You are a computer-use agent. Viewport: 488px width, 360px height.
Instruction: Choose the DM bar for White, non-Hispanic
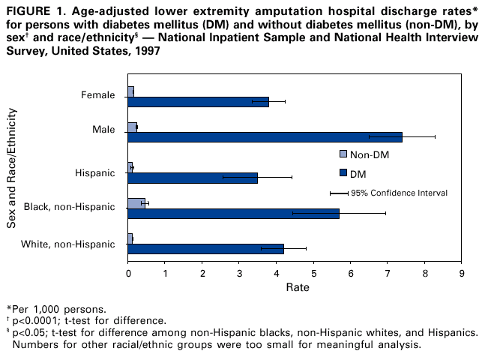(x=205, y=249)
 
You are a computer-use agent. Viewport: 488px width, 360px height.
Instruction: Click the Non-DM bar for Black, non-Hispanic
(x=136, y=202)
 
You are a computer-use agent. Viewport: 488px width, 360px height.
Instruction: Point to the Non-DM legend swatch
(x=343, y=154)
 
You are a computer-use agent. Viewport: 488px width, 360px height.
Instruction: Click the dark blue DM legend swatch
(x=343, y=173)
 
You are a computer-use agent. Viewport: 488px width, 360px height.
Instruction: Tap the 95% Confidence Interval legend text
(x=399, y=193)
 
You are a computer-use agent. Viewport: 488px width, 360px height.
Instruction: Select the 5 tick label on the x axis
(x=313, y=272)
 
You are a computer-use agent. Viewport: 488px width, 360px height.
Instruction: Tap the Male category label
(x=103, y=130)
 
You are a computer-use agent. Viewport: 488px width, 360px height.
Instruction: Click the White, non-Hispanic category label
(x=68, y=244)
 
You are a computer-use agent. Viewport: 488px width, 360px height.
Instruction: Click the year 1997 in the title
(x=148, y=51)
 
